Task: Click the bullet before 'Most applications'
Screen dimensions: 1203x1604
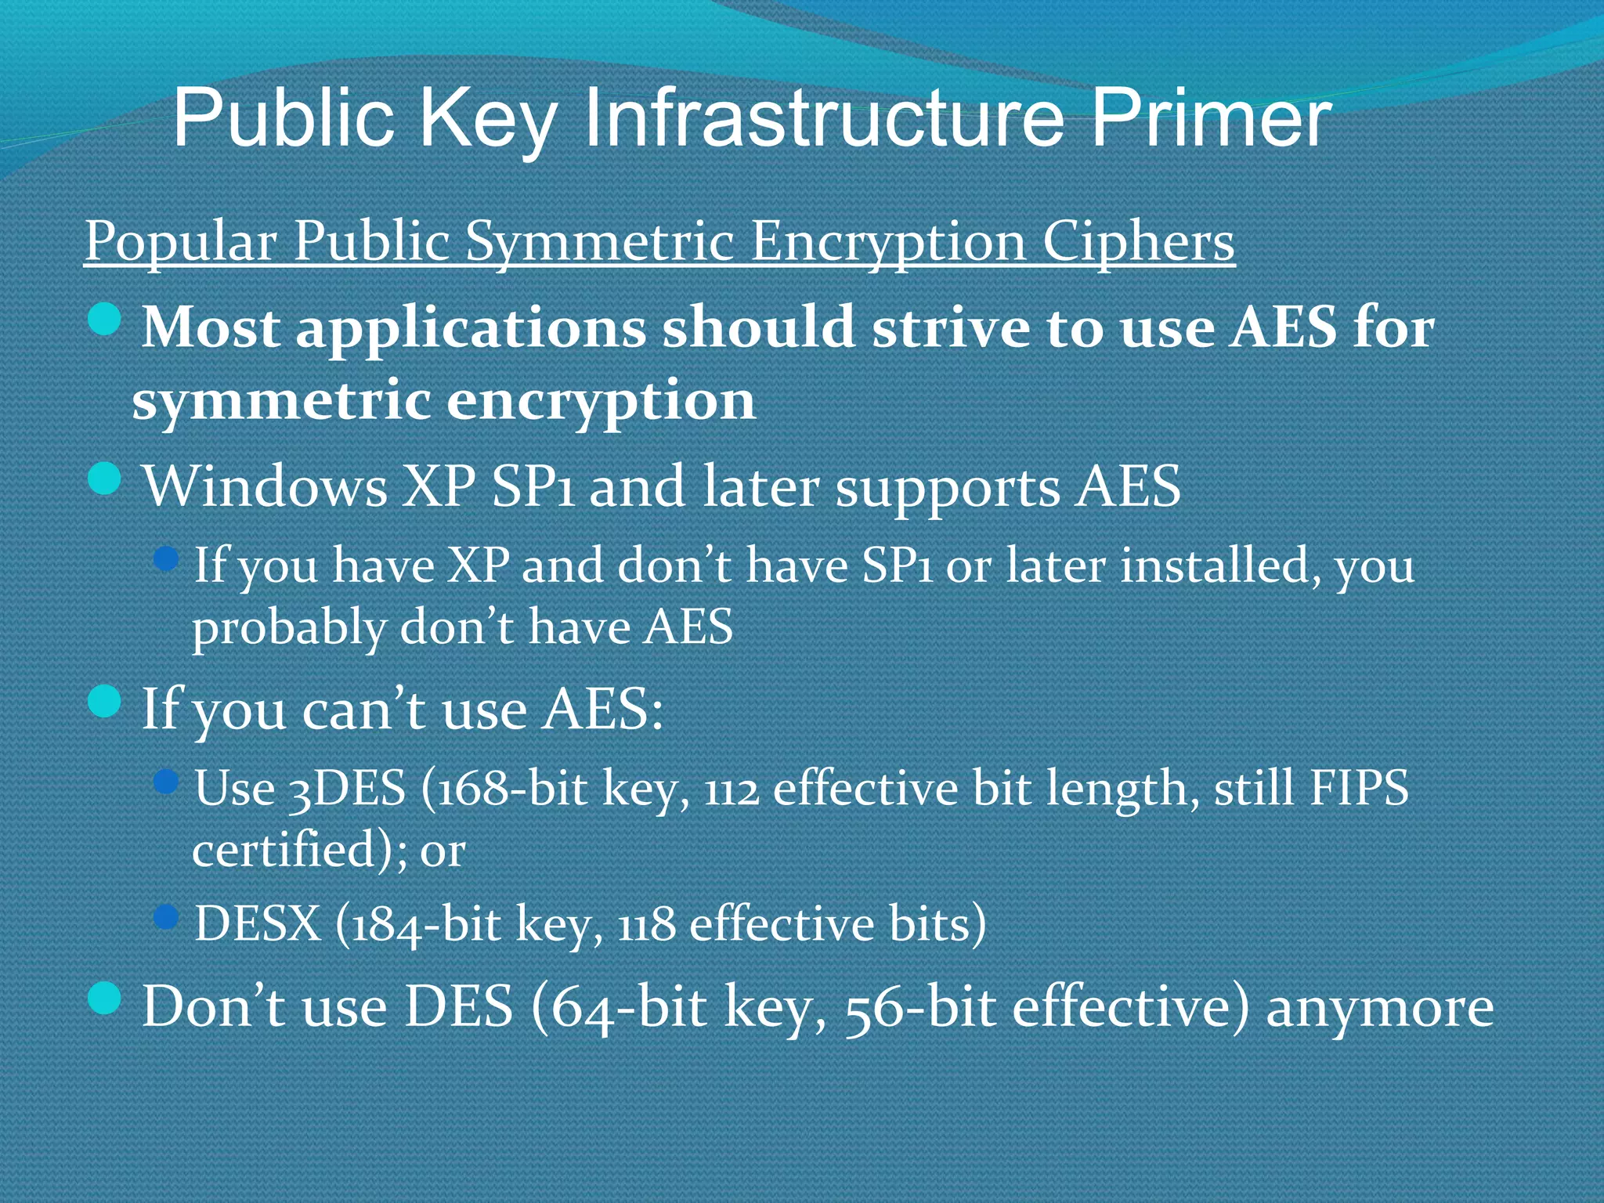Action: (x=104, y=320)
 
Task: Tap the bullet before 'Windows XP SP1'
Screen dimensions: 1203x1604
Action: (x=104, y=479)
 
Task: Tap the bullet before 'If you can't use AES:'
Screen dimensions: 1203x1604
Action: (x=104, y=701)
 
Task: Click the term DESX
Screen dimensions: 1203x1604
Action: (x=258, y=923)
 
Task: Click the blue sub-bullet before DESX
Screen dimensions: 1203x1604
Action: (x=166, y=917)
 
